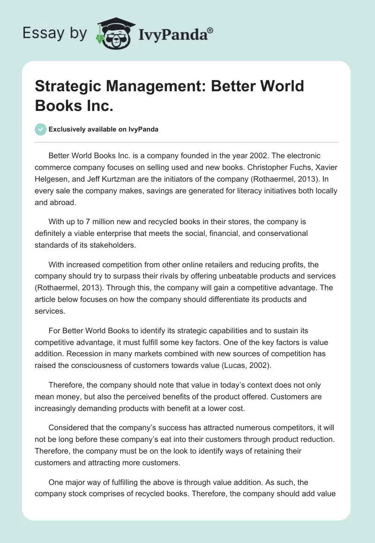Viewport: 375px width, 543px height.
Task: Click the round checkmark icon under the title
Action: pos(41,129)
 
